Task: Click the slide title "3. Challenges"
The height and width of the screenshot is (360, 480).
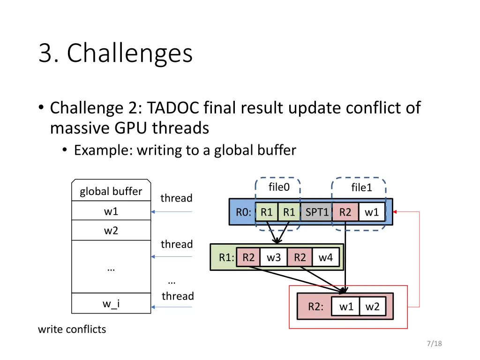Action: point(115,53)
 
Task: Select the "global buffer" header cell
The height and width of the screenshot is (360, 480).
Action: point(111,191)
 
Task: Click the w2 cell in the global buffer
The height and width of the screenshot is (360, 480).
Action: point(111,231)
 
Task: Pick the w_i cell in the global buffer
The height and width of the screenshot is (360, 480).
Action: point(111,304)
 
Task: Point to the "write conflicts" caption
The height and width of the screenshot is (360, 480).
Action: point(72,329)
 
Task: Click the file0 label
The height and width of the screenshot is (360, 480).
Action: point(279,187)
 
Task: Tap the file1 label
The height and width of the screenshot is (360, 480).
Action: point(361,188)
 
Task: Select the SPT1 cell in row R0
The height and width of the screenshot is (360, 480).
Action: point(317,212)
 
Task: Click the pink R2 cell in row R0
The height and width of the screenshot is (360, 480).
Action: point(345,212)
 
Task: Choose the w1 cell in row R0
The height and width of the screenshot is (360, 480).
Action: point(372,212)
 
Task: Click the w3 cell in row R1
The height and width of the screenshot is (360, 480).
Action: point(274,257)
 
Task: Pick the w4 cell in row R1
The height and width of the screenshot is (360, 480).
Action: point(326,257)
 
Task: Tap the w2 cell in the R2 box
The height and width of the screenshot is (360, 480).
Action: point(373,307)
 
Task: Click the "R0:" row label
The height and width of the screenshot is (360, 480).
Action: point(244,212)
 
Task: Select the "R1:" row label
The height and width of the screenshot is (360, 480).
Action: point(226,257)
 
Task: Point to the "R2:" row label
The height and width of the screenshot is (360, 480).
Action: point(315,307)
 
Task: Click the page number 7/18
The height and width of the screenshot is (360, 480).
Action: point(435,344)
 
